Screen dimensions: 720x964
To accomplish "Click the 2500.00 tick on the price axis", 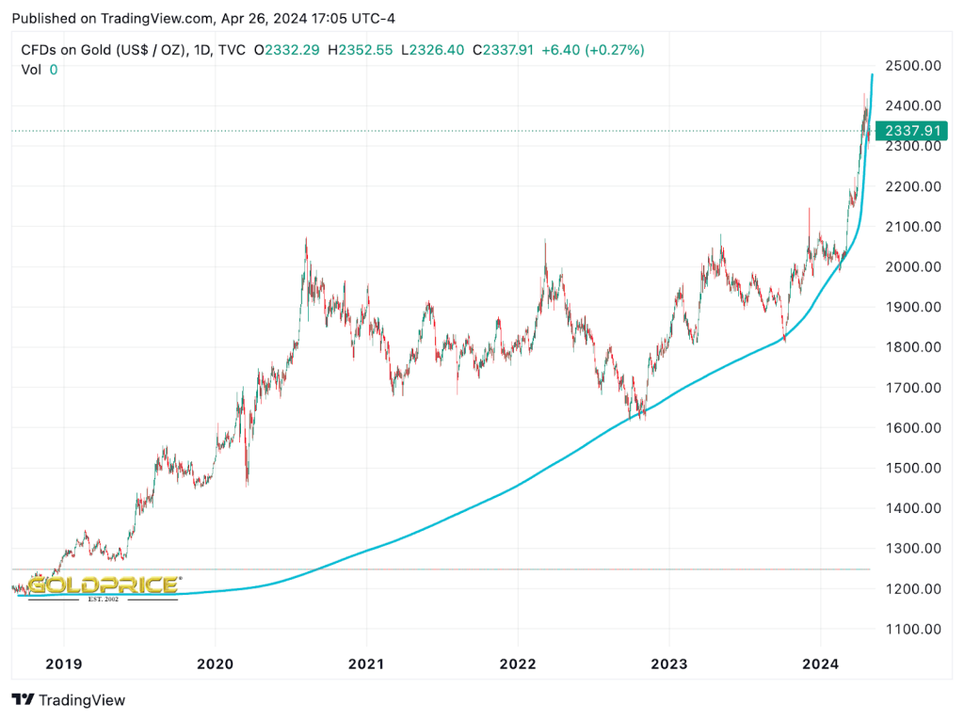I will click(907, 66).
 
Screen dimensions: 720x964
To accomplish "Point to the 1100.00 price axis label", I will click(907, 629).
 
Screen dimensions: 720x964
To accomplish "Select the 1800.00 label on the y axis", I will click(907, 347).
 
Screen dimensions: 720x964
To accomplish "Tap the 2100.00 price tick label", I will click(907, 227).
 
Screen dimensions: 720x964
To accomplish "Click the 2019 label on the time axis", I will click(63, 664).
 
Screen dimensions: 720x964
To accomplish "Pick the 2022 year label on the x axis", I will click(517, 664).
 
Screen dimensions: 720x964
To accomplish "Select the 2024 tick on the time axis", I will click(819, 664).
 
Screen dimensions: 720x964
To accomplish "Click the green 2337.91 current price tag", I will click(909, 131).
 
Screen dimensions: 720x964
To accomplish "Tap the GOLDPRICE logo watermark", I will click(104, 586).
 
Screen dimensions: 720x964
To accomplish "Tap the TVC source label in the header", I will click(232, 50).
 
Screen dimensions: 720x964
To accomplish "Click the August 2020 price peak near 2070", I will click(306, 240).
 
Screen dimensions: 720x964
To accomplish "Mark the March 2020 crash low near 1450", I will click(247, 485).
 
